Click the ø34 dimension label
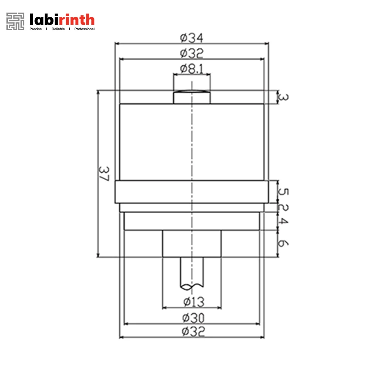(192, 38)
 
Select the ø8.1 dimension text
(192, 69)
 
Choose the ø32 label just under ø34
(192, 54)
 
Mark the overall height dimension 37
(104, 173)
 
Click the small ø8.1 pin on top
(192, 97)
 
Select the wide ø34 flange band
(192, 192)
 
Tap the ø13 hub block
(192, 244)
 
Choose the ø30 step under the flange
(192, 221)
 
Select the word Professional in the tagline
(84, 29)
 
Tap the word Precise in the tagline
(35, 29)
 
